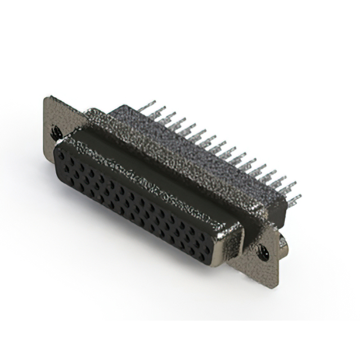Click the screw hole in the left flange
tap(56, 133)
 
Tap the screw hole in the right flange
tap(263, 254)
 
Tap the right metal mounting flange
tap(264, 256)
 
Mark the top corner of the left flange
tap(48, 98)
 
